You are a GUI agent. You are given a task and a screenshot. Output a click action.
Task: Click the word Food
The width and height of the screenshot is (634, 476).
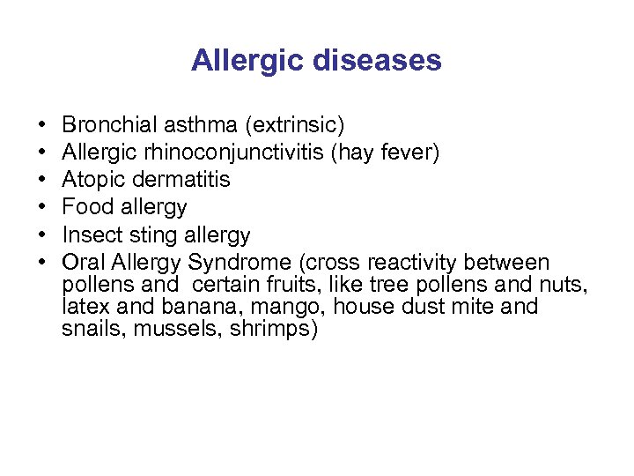pyautogui.click(x=85, y=208)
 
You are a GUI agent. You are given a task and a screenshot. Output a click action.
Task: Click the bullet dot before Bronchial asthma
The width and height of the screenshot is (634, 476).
pyautogui.click(x=43, y=125)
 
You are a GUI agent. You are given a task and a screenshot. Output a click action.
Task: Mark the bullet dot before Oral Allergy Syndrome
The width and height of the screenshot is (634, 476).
pyautogui.click(x=43, y=264)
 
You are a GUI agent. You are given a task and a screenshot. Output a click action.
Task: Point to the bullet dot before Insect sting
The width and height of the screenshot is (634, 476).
pyautogui.click(x=43, y=236)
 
